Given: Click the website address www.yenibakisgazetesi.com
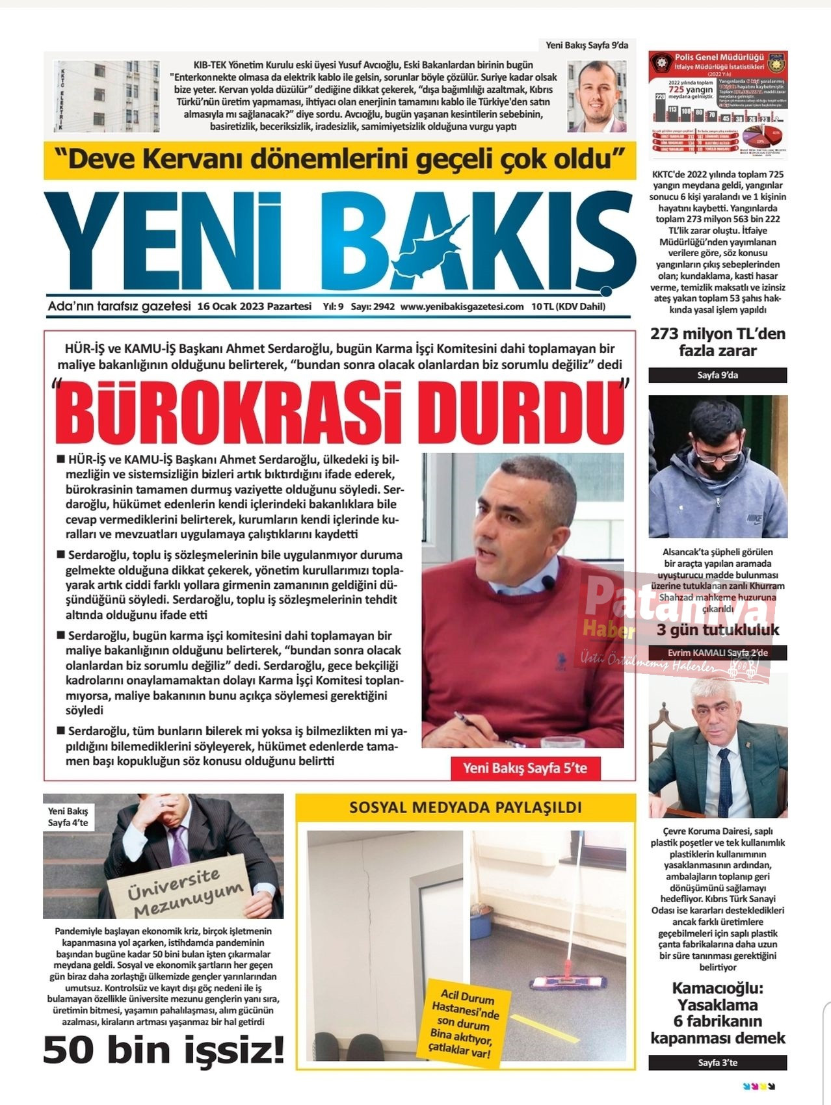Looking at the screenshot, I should point(462,307).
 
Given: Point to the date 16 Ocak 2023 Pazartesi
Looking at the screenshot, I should point(254,307).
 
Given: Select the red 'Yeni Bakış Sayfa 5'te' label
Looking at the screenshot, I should point(525,768).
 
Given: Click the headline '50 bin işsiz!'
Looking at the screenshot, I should point(164,1050).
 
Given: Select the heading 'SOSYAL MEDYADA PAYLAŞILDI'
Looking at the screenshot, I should point(466,808).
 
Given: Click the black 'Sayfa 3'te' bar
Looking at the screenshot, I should point(717,1063).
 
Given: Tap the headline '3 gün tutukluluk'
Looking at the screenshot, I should point(717,630).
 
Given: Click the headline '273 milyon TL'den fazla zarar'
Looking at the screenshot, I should point(717,343).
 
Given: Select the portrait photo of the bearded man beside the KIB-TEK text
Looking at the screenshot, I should point(596,96).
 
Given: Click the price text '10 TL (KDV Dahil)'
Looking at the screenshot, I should point(568,307).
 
